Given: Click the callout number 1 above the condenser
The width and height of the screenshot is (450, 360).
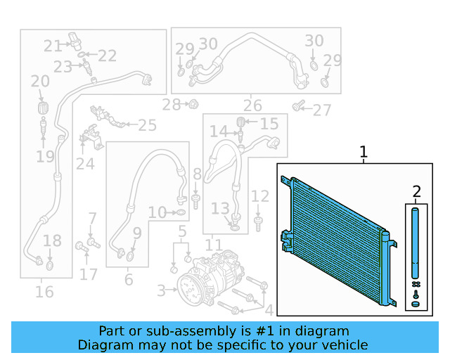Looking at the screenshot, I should [364, 151].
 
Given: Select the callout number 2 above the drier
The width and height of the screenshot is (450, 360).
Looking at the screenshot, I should [416, 191].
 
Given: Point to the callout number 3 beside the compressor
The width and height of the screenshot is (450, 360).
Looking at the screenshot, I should [161, 290].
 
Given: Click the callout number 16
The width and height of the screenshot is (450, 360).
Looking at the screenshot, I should [44, 290].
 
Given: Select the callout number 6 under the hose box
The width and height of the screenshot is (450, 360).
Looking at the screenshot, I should [129, 280].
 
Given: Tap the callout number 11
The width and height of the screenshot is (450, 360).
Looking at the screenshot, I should [213, 245].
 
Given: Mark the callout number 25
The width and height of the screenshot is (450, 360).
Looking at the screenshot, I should [147, 125].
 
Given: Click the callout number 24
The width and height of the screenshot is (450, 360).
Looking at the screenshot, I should [85, 163].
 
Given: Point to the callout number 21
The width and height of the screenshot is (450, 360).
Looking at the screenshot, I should [53, 46].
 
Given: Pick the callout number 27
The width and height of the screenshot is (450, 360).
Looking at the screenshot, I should [322, 110].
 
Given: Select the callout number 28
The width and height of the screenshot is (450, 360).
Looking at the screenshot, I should [171, 105].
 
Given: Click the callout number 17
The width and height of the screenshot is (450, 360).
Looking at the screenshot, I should [89, 274].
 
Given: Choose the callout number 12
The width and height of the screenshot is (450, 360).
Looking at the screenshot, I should [260, 196].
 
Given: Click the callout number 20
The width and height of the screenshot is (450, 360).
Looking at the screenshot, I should [40, 82].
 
